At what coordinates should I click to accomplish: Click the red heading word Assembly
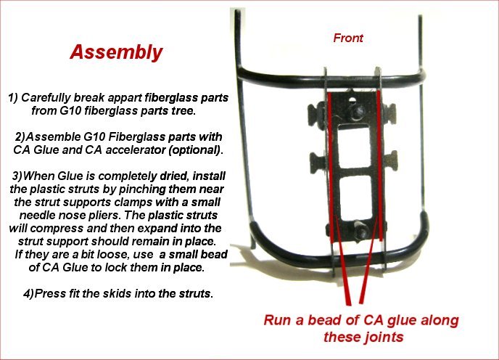[116, 52]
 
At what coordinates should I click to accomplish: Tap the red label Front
[348, 38]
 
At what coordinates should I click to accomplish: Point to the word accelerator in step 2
[135, 150]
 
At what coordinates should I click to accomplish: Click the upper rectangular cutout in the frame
[354, 145]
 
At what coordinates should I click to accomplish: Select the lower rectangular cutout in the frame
[355, 197]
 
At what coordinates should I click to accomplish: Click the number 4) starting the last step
[28, 293]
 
